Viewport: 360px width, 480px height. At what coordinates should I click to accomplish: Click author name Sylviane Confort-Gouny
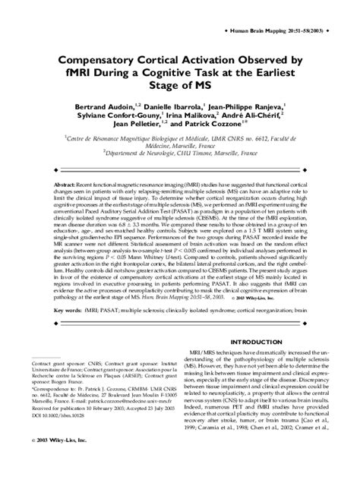106,111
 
